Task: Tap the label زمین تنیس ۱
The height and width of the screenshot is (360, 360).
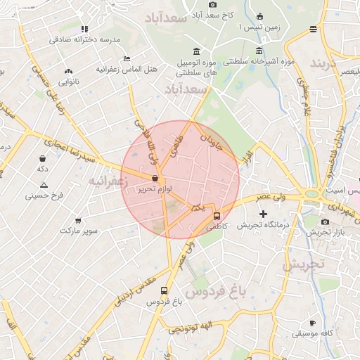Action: coord(239,27)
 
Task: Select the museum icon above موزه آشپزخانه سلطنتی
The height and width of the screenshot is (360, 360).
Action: coord(259,51)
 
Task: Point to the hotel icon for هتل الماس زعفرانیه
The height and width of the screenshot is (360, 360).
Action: coord(126,58)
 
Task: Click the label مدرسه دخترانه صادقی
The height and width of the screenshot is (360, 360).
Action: coord(85,39)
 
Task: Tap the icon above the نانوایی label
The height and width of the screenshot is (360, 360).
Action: coord(68,71)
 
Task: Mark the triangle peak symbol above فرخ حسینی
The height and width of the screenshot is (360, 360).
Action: coord(44,184)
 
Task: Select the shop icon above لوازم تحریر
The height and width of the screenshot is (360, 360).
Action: coord(154,179)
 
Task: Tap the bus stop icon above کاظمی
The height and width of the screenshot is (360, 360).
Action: coord(216,217)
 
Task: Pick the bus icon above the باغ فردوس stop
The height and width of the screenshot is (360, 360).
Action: coord(164,290)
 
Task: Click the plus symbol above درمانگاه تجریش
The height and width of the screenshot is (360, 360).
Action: coord(263,214)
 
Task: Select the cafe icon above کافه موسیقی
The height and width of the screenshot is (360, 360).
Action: coord(313,323)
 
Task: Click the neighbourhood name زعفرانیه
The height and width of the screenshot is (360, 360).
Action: coord(108,181)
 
